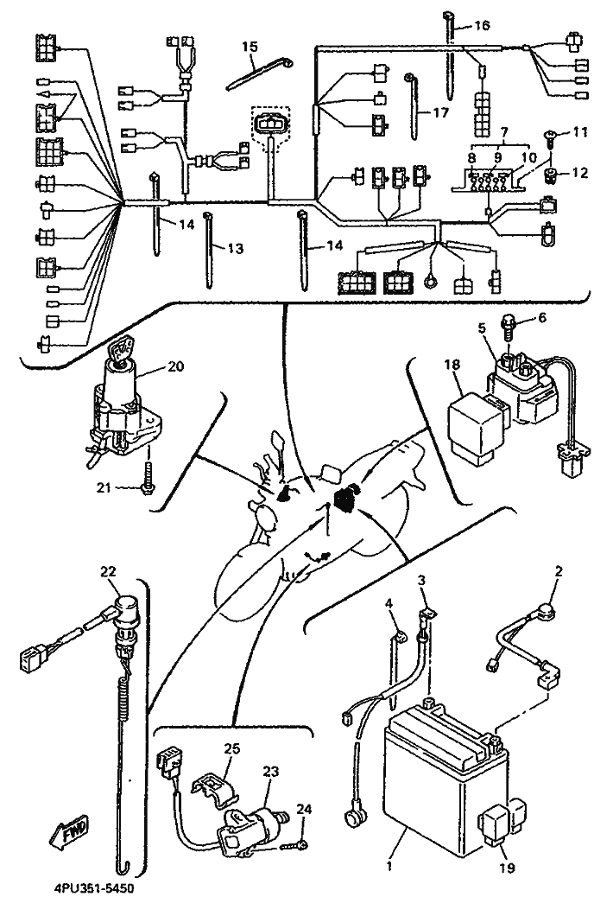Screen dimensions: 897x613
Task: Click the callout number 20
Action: pos(174,366)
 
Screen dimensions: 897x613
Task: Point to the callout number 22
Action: pos(108,571)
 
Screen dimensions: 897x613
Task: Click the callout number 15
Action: pos(249,46)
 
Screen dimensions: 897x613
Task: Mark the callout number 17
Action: pos(441,111)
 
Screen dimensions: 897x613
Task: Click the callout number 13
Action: pos(235,248)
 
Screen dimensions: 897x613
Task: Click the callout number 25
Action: pos(233,747)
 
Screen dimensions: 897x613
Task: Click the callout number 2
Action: pos(558,571)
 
